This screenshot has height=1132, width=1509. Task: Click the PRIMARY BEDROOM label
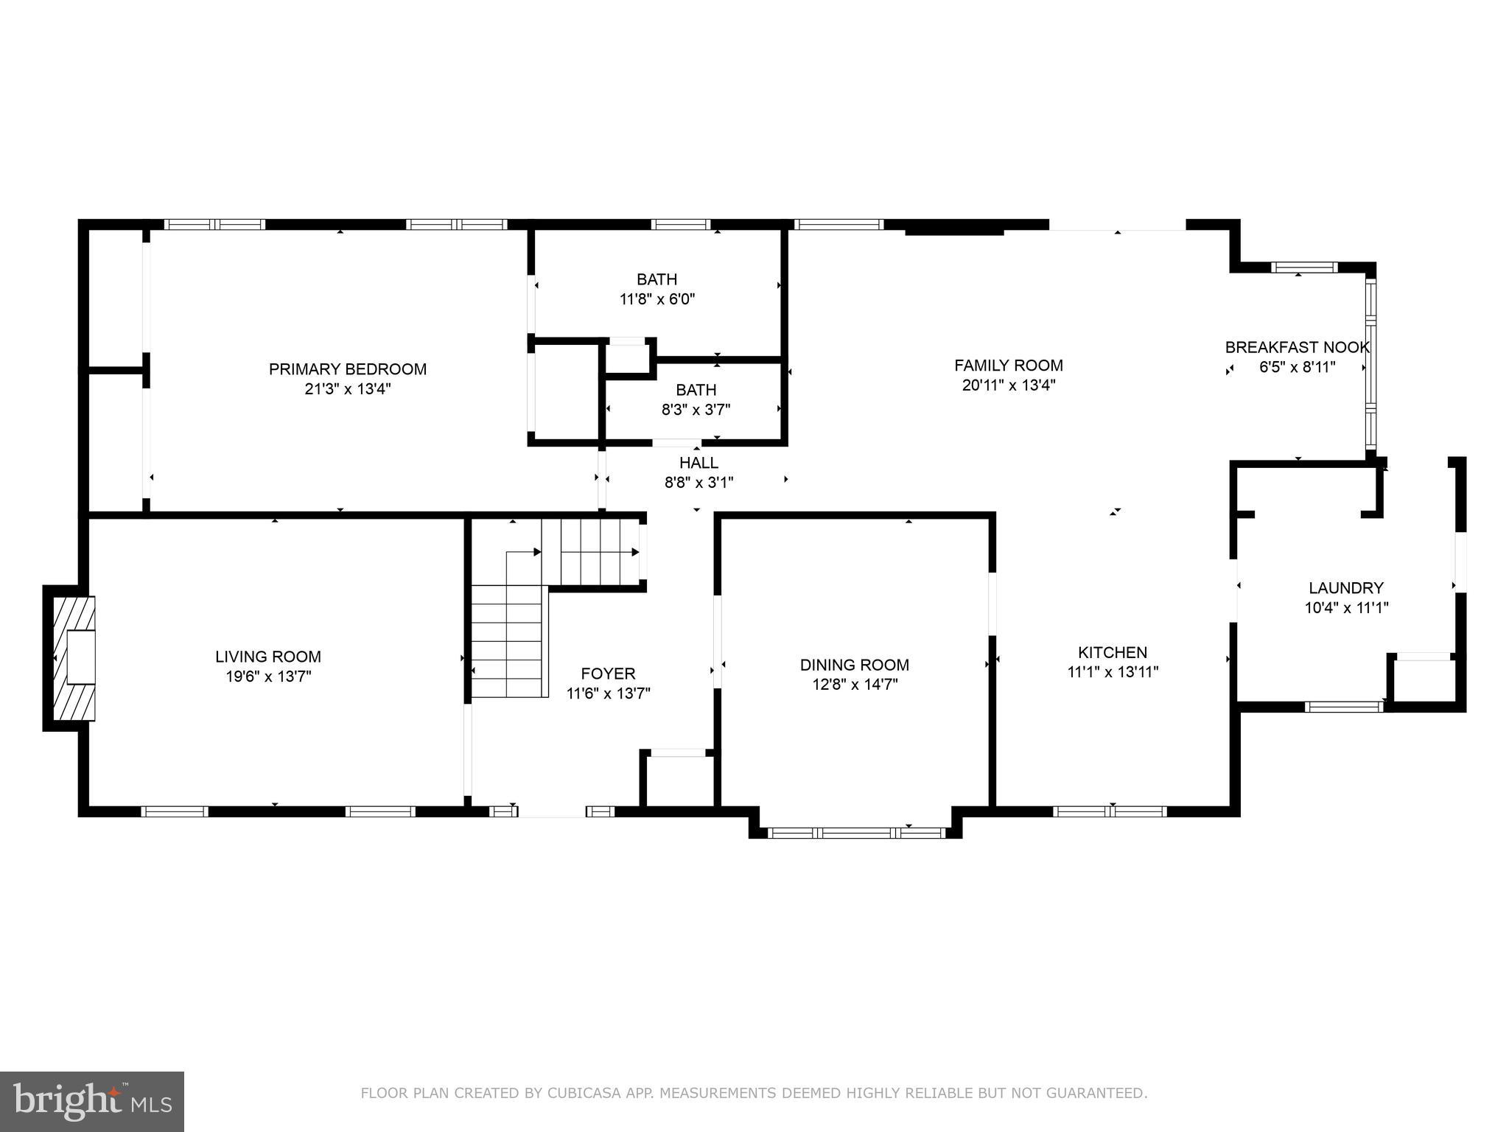click(347, 369)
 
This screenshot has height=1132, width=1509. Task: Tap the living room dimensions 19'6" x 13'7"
click(268, 677)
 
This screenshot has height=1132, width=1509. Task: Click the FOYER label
click(608, 674)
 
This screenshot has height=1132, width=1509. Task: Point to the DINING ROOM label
click(854, 665)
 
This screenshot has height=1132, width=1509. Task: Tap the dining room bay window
click(855, 833)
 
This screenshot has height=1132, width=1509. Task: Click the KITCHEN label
click(1112, 652)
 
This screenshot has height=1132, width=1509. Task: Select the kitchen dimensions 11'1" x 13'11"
click(1112, 672)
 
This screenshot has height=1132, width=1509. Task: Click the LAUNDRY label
click(1345, 588)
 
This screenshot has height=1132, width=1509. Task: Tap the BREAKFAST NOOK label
click(1297, 347)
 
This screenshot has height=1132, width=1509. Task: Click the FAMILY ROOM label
click(1008, 366)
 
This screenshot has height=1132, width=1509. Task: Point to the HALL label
click(699, 463)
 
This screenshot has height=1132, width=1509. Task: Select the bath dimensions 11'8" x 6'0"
click(657, 299)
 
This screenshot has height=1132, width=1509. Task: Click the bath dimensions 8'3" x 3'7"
click(696, 410)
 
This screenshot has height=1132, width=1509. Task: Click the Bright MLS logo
click(91, 1101)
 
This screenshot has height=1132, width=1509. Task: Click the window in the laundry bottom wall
click(1344, 707)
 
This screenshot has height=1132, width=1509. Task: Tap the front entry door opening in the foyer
click(552, 811)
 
